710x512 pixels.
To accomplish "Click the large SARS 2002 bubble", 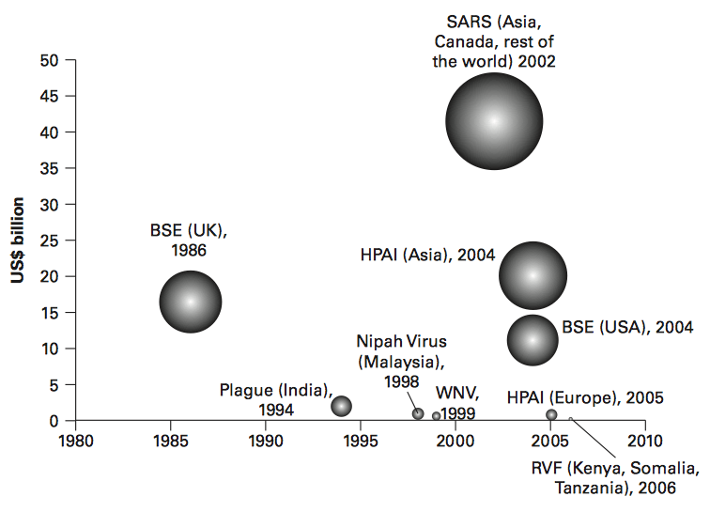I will point(494,121).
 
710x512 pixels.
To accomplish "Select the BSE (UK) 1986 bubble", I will point(191,302).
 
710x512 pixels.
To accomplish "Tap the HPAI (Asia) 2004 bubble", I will point(532,276).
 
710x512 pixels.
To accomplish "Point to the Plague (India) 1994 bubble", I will point(342,406).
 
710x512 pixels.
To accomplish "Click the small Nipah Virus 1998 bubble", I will point(418,413).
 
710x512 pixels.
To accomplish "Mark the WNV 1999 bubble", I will point(437,416).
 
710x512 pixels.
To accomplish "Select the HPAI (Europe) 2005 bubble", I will point(551,414).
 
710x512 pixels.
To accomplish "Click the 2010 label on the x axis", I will point(644,439).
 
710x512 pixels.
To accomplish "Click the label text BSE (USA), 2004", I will point(627,328).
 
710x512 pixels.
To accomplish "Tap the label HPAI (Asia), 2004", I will point(427,255).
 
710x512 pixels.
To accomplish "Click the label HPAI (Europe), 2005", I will point(585,397).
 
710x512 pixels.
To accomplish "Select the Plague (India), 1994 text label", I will point(276,399).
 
